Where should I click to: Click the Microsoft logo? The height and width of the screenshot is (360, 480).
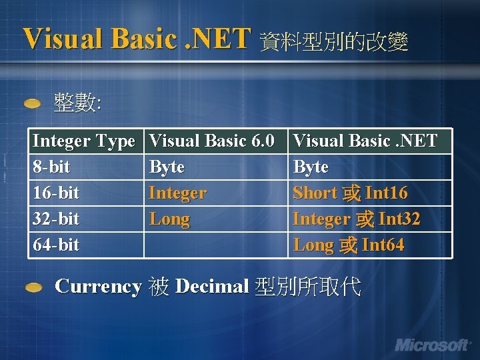432,345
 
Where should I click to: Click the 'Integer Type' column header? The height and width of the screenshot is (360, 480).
83,141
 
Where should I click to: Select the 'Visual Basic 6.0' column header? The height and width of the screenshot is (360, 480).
211,141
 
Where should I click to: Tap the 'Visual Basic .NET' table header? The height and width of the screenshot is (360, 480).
365,141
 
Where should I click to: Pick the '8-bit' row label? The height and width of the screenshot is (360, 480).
51,167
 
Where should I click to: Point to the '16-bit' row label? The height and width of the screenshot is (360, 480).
56,193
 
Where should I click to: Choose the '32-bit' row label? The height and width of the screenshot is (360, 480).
56,219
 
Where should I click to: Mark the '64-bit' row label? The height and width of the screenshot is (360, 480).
56,245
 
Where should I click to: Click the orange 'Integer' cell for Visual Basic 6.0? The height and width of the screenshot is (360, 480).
177,193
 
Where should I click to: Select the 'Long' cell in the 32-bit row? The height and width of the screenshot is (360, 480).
169,219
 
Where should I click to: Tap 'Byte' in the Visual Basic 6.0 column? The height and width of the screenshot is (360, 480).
167,167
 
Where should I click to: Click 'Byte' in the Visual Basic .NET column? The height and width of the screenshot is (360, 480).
311,167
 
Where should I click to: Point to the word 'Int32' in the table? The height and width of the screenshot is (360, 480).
399,219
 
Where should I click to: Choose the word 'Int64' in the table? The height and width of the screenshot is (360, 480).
383,245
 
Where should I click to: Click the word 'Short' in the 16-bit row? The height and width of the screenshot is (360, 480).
315,193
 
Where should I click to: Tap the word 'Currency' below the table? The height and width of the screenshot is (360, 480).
98,287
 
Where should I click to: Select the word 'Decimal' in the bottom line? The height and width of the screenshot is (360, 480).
211,287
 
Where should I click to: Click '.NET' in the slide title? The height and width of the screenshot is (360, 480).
219,38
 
